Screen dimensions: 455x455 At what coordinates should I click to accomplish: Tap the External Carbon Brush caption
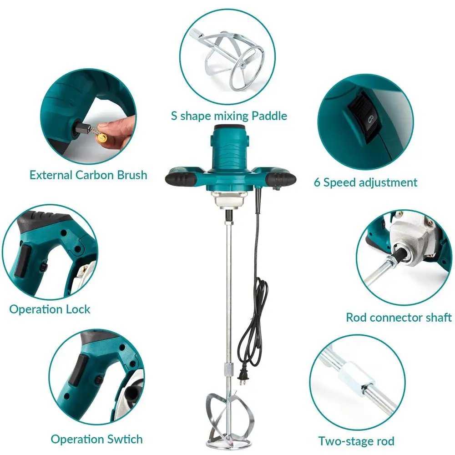click(88, 175)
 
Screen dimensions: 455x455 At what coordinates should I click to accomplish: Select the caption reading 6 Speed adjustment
click(365, 182)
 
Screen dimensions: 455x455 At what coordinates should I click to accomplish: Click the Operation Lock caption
click(50, 309)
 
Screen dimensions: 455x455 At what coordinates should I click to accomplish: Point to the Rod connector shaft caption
click(399, 317)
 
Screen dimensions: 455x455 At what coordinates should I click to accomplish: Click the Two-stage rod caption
click(356, 441)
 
